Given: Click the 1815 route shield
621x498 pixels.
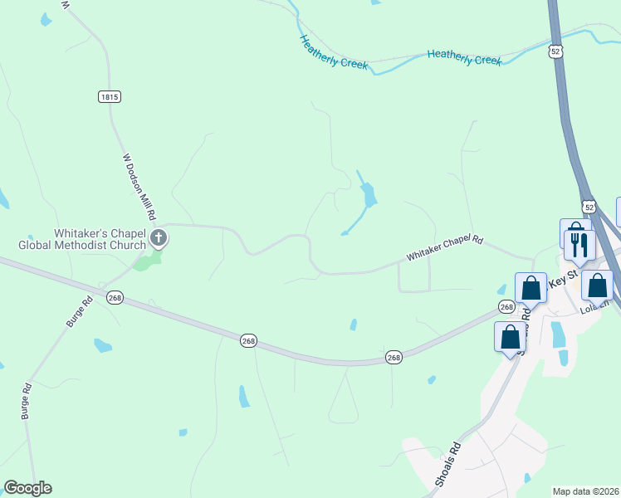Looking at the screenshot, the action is (x=110, y=97).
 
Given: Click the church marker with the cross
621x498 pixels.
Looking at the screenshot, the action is (x=159, y=240).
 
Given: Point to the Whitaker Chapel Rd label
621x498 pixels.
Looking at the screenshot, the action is (x=444, y=248).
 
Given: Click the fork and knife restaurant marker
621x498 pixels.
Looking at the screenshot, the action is (x=579, y=245).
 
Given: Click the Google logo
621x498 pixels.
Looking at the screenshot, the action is (x=27, y=488).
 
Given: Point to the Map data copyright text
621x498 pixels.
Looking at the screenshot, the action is (x=585, y=491).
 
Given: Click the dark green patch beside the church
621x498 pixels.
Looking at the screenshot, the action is (x=147, y=262).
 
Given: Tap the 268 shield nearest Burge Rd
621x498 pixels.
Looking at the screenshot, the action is (x=115, y=298).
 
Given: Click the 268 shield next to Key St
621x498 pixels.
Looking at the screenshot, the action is (x=506, y=307).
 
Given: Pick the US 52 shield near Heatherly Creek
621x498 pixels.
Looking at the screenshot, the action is (x=555, y=51).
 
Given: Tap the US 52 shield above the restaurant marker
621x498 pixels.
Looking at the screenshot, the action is (x=589, y=206).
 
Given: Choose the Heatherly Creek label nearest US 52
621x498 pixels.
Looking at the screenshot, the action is (x=465, y=58).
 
